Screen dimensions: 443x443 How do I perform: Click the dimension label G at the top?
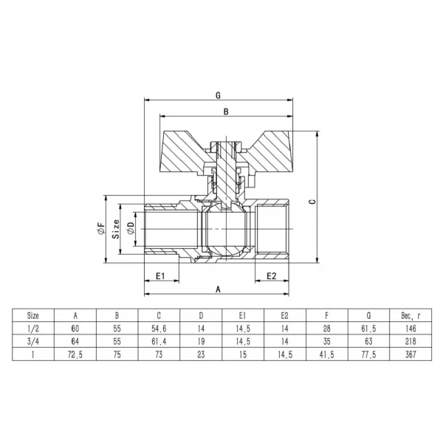(218, 95)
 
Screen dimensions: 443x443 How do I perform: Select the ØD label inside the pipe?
(131, 228)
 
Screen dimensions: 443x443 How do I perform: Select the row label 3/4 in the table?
(33, 341)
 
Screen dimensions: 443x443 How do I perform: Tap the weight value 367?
(411, 355)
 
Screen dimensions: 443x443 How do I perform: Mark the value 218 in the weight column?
(411, 341)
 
